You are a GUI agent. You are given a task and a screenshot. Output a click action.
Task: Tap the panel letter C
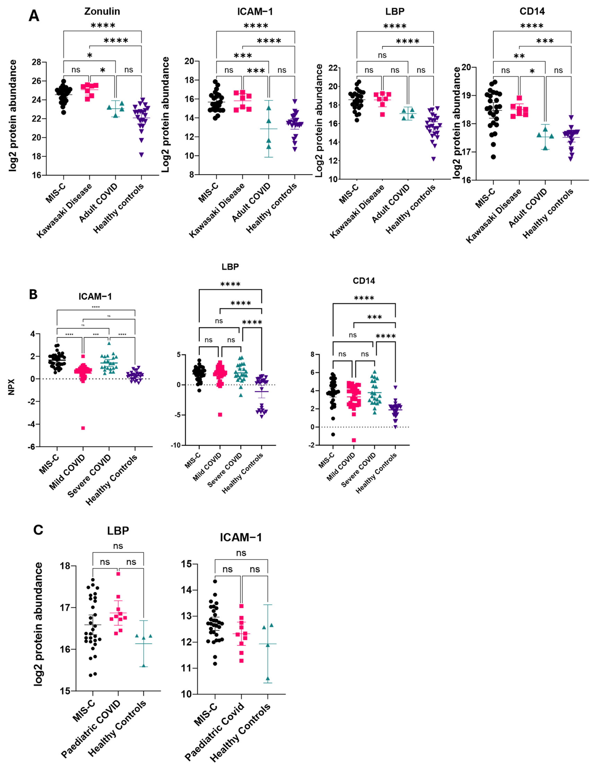tap(38, 530)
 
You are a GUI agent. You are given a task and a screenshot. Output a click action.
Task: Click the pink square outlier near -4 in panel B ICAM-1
tap(83, 428)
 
